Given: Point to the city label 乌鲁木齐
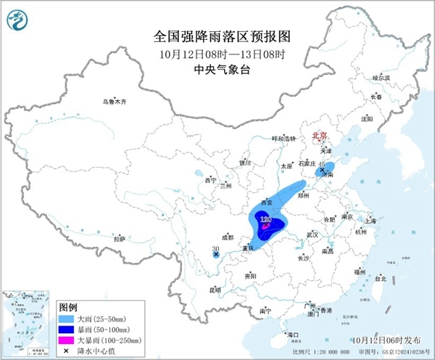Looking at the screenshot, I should [x=114, y=102].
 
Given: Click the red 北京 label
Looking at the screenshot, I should [x=319, y=135].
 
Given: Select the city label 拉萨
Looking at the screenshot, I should [x=119, y=238].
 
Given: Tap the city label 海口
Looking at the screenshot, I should [x=293, y=335].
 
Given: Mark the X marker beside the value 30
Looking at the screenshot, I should [x=216, y=255].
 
